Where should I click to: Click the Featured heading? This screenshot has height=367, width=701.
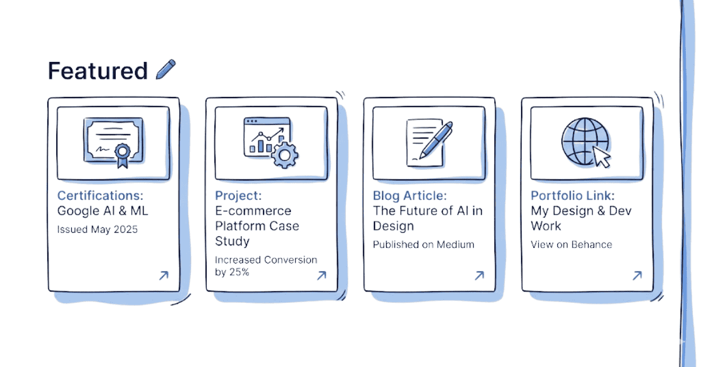[x=97, y=71]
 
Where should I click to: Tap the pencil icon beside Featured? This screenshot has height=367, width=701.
[x=166, y=69]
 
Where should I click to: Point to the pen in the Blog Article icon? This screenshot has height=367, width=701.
[x=435, y=140]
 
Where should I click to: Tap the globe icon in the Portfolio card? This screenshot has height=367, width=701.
[x=584, y=141]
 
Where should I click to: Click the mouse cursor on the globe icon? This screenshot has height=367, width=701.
[x=601, y=157]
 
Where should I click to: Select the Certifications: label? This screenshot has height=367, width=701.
[x=100, y=195]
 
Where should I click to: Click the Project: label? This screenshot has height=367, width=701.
[x=238, y=195]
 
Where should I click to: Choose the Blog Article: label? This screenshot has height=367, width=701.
[x=410, y=195]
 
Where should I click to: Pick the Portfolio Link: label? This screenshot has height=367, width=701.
[x=572, y=195]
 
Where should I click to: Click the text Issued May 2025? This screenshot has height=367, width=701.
[x=98, y=229]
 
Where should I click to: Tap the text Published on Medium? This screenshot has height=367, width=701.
[x=424, y=244]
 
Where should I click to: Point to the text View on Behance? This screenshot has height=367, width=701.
[x=571, y=244]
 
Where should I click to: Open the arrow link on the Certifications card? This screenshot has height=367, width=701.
[x=164, y=275]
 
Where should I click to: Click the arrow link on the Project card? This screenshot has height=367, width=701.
[x=321, y=275]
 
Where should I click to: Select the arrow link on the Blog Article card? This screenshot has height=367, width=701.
[x=479, y=275]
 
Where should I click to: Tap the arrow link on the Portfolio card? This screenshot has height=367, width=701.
[x=637, y=275]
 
